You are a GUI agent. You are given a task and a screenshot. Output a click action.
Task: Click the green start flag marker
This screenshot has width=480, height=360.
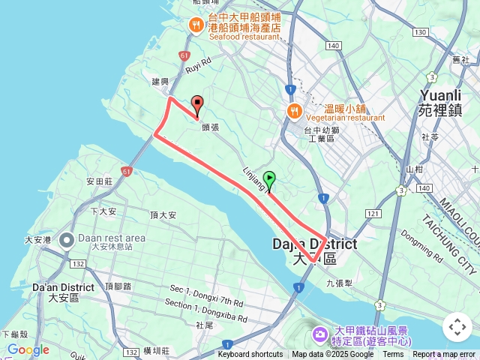click(269, 179)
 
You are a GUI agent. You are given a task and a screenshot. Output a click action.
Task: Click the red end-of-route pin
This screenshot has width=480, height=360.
click(198, 103)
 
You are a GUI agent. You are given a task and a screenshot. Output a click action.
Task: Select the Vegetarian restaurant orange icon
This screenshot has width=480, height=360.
click(293, 112)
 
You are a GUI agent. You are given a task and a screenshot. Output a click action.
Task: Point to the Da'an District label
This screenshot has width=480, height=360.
click(63, 291)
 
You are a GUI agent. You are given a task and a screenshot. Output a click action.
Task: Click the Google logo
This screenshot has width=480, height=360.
click(28, 349)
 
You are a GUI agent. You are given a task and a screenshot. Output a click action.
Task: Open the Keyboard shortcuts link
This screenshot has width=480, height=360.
click(250, 355)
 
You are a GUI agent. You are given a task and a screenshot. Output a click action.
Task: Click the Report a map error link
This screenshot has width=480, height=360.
click(445, 355)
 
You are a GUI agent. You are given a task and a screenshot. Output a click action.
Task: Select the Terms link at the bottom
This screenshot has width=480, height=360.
click(393, 355)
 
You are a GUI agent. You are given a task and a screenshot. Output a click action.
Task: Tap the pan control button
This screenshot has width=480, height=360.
click(457, 327)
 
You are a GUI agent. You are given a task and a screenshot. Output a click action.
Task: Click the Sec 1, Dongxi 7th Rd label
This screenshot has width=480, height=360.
click(206, 295)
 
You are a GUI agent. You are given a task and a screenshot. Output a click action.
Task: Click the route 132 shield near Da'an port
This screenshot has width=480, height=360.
click(77, 263)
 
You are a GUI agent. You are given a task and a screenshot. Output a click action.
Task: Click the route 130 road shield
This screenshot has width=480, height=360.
click(420, 31)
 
